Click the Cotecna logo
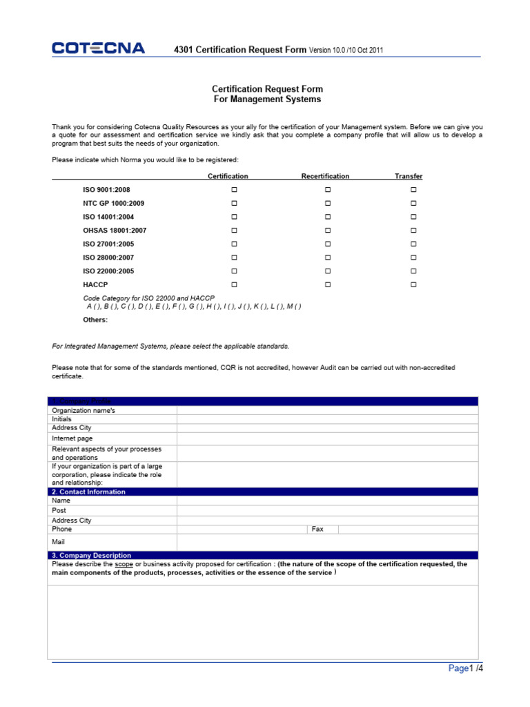[x=98, y=48]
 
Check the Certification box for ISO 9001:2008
[x=234, y=189]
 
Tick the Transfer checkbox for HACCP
[x=413, y=284]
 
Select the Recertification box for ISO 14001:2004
[x=328, y=217]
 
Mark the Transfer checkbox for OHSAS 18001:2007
[x=413, y=230]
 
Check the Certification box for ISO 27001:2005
[x=234, y=244]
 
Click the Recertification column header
[x=325, y=176]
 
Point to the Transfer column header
[x=409, y=176]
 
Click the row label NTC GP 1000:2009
[x=113, y=203]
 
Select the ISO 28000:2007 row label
[x=108, y=258]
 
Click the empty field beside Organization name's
[x=327, y=410]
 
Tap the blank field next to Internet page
[x=327, y=438]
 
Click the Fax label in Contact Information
[x=317, y=529]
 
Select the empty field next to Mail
[x=327, y=543]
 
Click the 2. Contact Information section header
[x=88, y=492]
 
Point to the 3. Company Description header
[x=91, y=555]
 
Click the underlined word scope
[x=124, y=564]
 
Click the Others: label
[x=95, y=320]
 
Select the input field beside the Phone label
[x=242, y=529]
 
